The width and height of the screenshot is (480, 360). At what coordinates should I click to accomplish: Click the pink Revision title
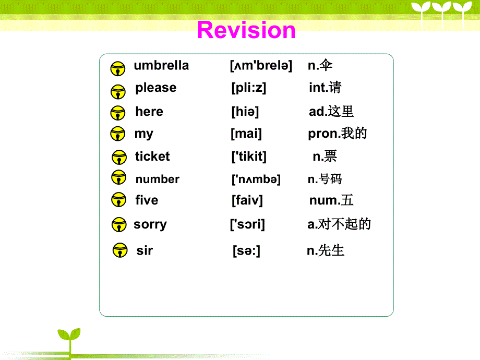[246, 30]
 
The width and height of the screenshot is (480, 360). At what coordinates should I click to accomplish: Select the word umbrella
[161, 66]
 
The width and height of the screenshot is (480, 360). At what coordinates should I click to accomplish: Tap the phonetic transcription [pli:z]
[248, 88]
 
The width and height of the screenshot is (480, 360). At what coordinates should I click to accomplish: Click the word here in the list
[149, 112]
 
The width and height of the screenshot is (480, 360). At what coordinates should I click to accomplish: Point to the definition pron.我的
[338, 134]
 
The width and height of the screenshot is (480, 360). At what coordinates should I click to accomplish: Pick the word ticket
[152, 157]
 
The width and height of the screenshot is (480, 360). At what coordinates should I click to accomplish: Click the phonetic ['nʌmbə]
[256, 179]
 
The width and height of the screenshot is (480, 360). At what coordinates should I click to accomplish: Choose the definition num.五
[331, 200]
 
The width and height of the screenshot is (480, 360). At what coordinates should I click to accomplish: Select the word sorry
[150, 225]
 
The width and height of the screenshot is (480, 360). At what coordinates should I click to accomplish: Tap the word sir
[145, 251]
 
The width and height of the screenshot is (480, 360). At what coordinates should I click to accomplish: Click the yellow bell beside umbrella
[118, 68]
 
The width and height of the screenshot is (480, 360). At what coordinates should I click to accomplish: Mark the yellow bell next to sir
[120, 250]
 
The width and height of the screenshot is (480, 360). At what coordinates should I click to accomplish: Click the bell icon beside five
[118, 200]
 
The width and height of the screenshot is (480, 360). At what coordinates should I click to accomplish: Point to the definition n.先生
[326, 250]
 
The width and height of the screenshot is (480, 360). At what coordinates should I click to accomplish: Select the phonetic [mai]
[246, 134]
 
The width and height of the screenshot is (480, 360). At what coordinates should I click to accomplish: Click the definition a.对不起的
[339, 224]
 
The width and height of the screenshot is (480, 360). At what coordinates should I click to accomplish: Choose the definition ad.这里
[331, 112]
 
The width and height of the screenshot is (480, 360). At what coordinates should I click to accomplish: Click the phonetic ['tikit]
[249, 157]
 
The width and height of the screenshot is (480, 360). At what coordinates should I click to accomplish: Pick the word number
[158, 179]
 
